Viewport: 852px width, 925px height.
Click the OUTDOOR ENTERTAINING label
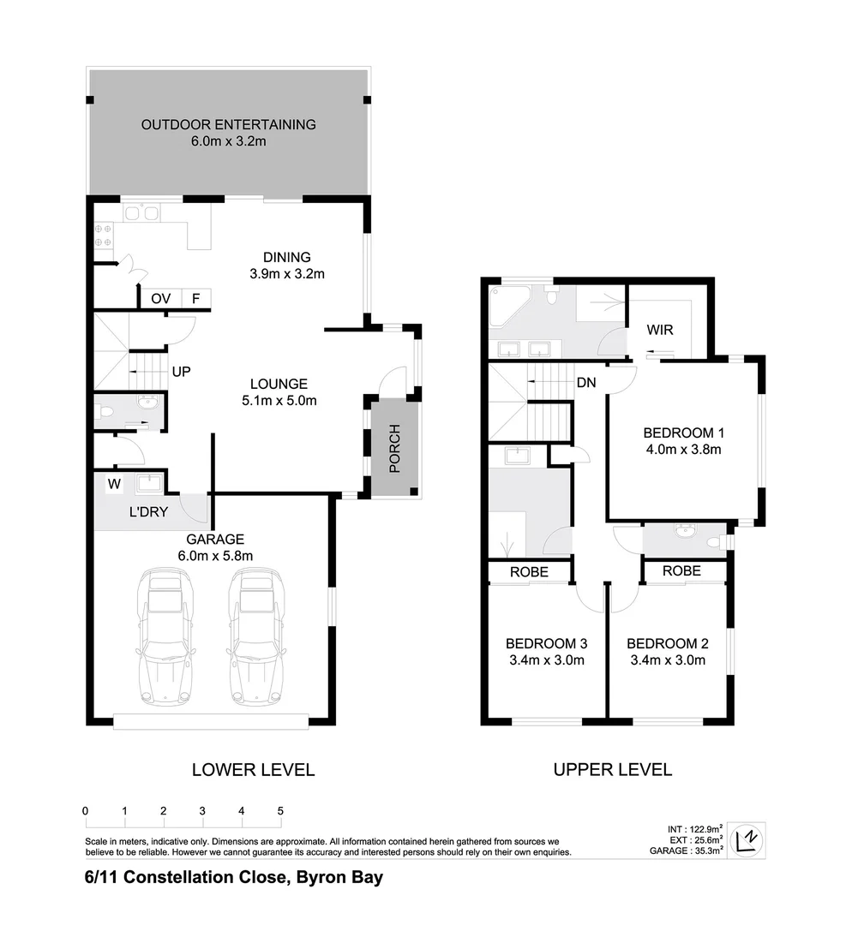(228, 124)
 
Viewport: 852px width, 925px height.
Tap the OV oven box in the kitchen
(160, 299)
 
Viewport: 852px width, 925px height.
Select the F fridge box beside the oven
(196, 299)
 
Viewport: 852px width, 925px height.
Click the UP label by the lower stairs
(181, 372)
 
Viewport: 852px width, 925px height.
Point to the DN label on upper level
(586, 383)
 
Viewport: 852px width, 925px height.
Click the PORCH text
(394, 448)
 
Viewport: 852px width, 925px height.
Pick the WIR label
(659, 329)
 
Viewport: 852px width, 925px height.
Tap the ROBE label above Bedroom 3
(528, 571)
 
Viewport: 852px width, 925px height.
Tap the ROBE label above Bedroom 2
(681, 570)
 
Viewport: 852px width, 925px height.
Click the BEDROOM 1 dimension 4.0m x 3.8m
(683, 448)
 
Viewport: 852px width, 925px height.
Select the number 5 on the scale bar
(280, 810)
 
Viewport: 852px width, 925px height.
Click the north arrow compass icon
(747, 838)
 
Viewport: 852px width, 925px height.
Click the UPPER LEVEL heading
(612, 769)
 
